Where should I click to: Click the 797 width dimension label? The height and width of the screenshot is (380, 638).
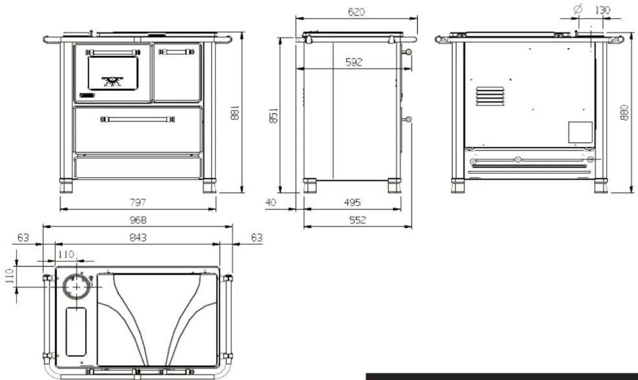point(138,203)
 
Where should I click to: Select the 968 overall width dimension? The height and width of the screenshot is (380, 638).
point(138,220)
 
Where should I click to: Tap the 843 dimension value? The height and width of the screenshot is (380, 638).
point(138,237)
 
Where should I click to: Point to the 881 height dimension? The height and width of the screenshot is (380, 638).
point(235,113)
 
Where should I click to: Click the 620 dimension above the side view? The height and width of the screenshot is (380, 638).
point(356,12)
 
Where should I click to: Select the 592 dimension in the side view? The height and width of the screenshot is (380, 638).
point(354,62)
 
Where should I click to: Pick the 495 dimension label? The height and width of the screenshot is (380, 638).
point(352,203)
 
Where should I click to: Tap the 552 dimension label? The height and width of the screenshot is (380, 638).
point(357,220)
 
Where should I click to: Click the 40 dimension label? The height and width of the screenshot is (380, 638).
point(271,203)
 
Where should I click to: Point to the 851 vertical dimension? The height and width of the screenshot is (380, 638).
point(273,115)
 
